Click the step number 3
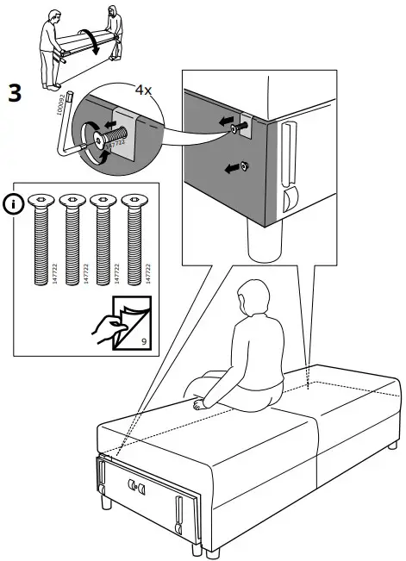coord(15,92)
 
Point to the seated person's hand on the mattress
coord(200,403)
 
